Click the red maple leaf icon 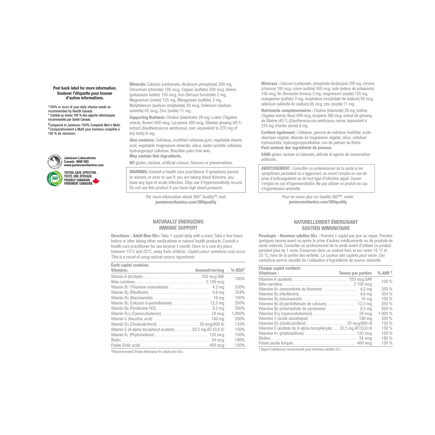(96, 181)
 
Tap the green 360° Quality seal (55, 179)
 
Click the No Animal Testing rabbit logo (55, 162)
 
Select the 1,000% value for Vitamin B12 (238, 314)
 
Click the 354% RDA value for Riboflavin (240, 292)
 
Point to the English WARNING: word (139, 172)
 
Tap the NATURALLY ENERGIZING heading (178, 222)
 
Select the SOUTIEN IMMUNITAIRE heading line (326, 228)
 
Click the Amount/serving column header (210, 270)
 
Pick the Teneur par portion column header (355, 273)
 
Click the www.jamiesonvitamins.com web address (84, 165)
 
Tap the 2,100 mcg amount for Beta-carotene (215, 282)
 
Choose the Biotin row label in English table (116, 340)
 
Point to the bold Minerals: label (138, 84)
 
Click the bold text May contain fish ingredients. (156, 156)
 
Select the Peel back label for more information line (85, 88)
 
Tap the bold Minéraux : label (270, 84)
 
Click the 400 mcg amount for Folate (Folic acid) (217, 345)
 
